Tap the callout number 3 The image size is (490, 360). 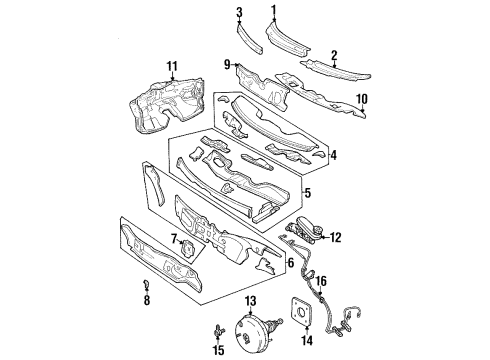[240, 11]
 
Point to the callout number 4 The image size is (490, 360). [333, 155]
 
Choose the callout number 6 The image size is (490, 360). [290, 263]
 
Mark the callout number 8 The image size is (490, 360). [147, 299]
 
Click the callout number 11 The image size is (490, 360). [172, 67]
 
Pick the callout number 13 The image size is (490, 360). [251, 299]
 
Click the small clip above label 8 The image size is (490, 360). [148, 284]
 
